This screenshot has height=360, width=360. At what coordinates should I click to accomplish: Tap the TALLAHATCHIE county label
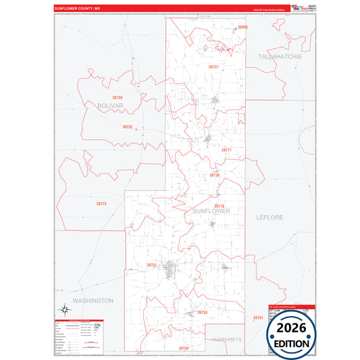[280, 57]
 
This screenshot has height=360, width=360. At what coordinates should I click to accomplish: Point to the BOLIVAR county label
[109, 107]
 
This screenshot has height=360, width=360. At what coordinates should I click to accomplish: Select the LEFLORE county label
[269, 217]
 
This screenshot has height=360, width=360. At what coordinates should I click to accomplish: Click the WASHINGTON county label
[93, 300]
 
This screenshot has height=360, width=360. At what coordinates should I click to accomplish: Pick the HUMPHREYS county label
[226, 339]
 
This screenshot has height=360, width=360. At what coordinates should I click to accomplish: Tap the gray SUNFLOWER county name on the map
[211, 211]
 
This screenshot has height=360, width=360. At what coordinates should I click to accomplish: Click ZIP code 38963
[243, 27]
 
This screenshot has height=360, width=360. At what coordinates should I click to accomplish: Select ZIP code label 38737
[213, 68]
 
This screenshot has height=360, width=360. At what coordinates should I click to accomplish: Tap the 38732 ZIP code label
[128, 127]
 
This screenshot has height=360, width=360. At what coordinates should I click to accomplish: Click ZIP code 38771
[226, 150]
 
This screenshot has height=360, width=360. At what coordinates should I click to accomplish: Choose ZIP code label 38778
[219, 206]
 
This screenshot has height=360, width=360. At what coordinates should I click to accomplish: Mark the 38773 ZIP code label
[101, 203]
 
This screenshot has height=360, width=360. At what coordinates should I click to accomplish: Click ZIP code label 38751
[152, 265]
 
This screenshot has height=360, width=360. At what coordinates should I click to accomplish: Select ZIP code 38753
[202, 313]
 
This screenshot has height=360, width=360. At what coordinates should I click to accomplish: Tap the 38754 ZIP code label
[184, 348]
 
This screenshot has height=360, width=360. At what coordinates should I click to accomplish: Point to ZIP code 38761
[257, 317]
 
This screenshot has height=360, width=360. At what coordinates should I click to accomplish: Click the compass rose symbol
[65, 310]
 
